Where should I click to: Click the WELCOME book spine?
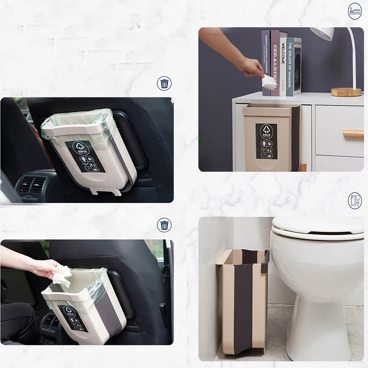click(283, 64)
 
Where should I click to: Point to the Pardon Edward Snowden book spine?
click(266, 61)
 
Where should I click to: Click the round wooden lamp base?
click(346, 92)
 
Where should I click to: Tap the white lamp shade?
click(323, 33)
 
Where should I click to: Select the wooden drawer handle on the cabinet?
click(353, 134)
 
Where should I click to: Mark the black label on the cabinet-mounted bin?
click(266, 141)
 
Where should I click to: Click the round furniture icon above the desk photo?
click(355, 11)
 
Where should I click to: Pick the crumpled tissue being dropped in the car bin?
click(62, 276)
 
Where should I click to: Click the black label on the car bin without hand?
click(85, 156)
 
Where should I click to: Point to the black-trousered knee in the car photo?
click(16, 320)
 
